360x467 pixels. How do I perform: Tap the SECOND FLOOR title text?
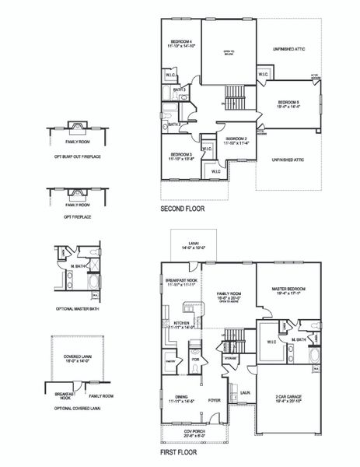coord(183,209)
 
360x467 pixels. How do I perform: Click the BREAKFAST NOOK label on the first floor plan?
coord(182,282)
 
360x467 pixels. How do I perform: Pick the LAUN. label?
coord(244,394)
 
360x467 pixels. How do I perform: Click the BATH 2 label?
coord(175,124)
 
